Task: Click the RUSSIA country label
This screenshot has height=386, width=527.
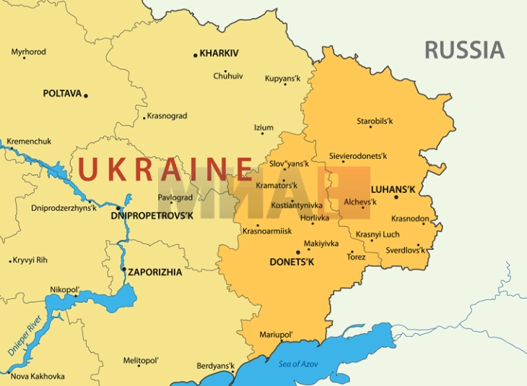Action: point(464,50)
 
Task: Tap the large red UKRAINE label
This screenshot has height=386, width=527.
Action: point(165,169)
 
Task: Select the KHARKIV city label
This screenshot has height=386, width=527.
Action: point(219,53)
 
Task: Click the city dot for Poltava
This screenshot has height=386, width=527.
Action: point(86,95)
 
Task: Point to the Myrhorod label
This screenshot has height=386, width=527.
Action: point(29,52)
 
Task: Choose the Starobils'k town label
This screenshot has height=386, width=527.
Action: point(375,121)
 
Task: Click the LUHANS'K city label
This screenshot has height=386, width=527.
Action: point(393,189)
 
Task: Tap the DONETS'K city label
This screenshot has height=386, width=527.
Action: point(292,262)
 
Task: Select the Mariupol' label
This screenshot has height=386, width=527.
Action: point(276,335)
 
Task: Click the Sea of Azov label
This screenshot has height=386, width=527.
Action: point(300,363)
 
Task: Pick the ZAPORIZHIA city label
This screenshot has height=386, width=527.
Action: point(155,273)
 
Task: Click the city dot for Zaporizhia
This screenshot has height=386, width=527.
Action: point(124,270)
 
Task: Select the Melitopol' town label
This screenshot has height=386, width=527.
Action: point(141,360)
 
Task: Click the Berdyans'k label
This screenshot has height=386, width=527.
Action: point(216,366)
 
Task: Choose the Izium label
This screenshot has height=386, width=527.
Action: point(263,128)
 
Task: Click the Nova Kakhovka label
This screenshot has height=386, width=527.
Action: point(38,376)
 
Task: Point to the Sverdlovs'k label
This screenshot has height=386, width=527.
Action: point(404,249)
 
